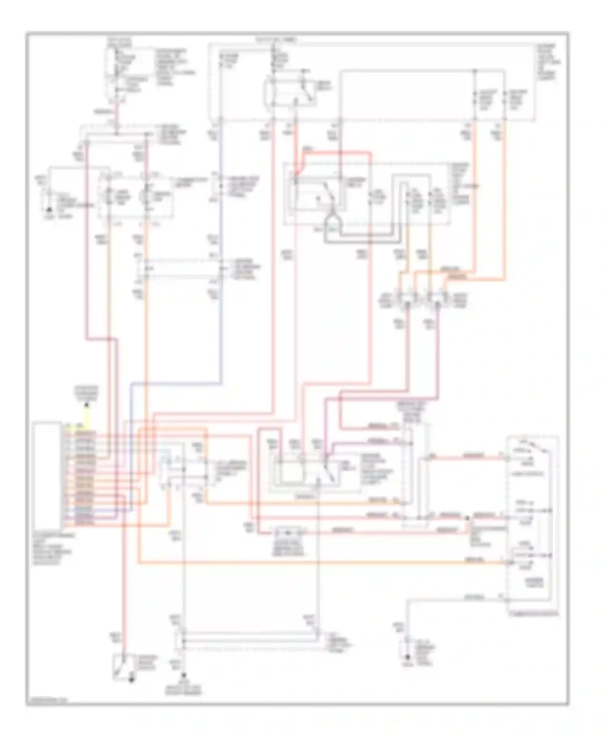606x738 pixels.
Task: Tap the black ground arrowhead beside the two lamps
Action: (x=49, y=210)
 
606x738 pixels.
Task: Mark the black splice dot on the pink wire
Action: (x=467, y=518)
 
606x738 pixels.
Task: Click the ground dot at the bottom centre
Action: (x=184, y=675)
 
